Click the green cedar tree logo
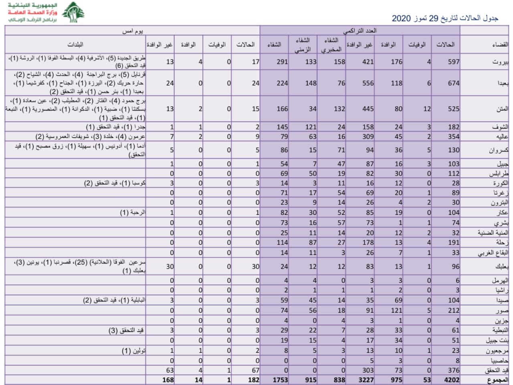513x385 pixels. pyautogui.click(x=73, y=12)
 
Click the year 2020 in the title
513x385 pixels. pyautogui.click(x=401, y=18)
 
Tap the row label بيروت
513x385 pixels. pyautogui.click(x=500, y=62)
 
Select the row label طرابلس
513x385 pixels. pyautogui.click(x=499, y=174)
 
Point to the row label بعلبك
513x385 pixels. pyautogui.click(x=501, y=267)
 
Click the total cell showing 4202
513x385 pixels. pyautogui.click(x=452, y=380)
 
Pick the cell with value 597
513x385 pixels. pyautogui.click(x=453, y=62)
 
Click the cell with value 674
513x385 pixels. pyautogui.click(x=453, y=83)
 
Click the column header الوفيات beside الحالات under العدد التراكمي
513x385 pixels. pyautogui.click(x=417, y=45)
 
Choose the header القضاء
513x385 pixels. pyautogui.click(x=500, y=45)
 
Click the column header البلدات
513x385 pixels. pyautogui.click(x=75, y=45)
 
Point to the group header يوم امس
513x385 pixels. pyautogui.click(x=132, y=31)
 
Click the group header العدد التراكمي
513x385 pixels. pyautogui.click(x=360, y=31)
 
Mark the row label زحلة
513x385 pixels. pyautogui.click(x=502, y=243)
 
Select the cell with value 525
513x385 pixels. pyautogui.click(x=453, y=109)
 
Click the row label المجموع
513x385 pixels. pyautogui.click(x=497, y=380)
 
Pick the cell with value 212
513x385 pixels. pyautogui.click(x=453, y=310)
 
